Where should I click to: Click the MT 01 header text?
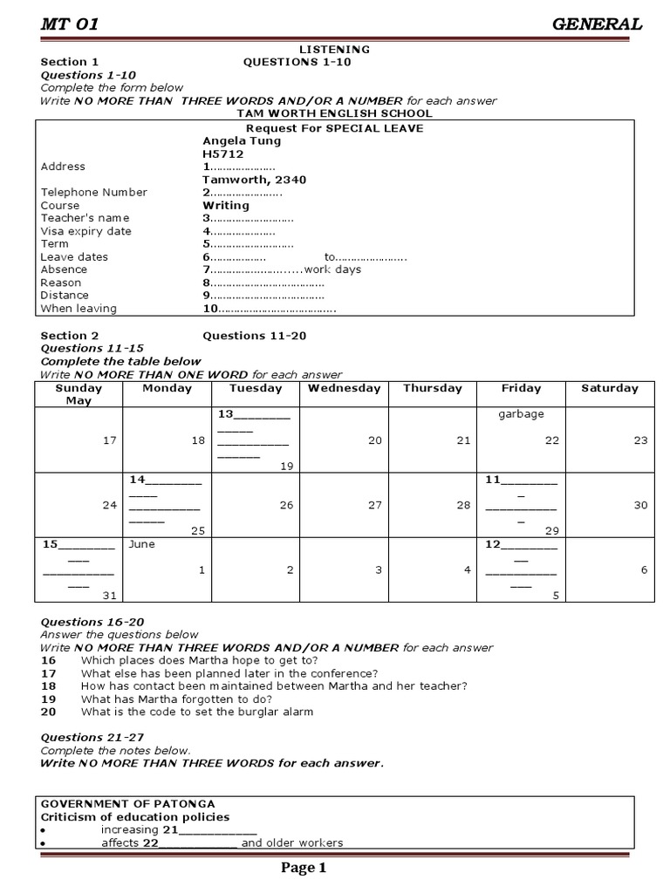click(70, 24)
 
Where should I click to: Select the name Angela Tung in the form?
click(242, 140)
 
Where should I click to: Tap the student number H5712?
click(222, 153)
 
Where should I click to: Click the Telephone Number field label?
click(94, 192)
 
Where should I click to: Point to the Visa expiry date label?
click(86, 231)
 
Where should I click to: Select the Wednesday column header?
click(344, 389)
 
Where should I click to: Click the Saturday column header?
click(610, 389)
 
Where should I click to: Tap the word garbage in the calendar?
click(521, 414)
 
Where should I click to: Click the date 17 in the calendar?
click(109, 440)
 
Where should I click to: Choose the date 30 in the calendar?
click(641, 505)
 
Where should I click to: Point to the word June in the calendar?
click(141, 543)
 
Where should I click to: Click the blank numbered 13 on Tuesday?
click(253, 415)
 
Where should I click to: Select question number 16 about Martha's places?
click(48, 660)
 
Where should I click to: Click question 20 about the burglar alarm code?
click(48, 712)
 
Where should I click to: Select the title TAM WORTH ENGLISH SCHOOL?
click(334, 113)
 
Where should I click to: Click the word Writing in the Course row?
click(226, 205)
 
